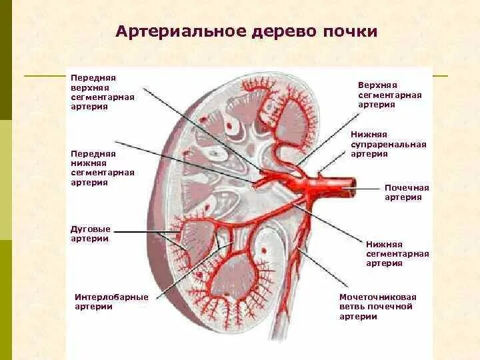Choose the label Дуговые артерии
click(91, 233)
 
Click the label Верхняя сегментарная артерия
click(389, 95)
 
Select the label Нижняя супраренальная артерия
click(388, 144)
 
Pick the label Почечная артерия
click(407, 192)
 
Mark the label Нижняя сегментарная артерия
click(397, 253)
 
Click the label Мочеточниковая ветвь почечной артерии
click(377, 307)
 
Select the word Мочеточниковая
click(377, 297)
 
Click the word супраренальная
click(388, 144)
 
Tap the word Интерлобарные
click(111, 297)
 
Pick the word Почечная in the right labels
click(407, 187)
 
